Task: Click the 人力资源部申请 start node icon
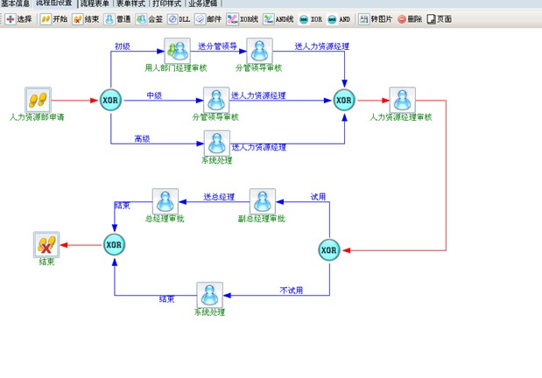[36, 100]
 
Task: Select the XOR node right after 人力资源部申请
[111, 101]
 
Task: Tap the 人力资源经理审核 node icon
[401, 100]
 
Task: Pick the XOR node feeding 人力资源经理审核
[344, 101]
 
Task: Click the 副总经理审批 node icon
[263, 200]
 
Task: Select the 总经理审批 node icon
[165, 200]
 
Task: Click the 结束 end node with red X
[46, 245]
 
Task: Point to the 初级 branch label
[123, 45]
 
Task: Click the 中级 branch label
[155, 94]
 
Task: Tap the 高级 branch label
[143, 138]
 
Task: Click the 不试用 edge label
[291, 290]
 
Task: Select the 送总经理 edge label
[219, 197]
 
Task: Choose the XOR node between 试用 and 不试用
[328, 251]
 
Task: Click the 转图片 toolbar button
[376, 18]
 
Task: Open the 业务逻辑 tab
[203, 3]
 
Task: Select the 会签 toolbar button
[149, 18]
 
